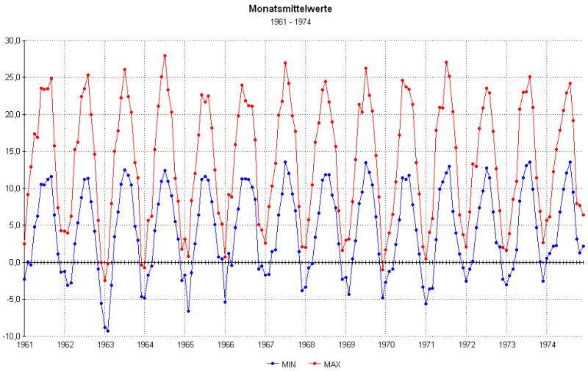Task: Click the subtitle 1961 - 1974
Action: pos(294,22)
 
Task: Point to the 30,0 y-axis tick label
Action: pos(12,40)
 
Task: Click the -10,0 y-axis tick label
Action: pos(10,336)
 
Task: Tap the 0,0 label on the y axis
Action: pos(14,262)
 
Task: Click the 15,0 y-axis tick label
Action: pos(12,151)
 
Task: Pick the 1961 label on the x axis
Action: pos(25,344)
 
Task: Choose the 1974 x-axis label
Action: pos(545,344)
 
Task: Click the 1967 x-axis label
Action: pos(265,344)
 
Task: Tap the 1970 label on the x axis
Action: pos(385,344)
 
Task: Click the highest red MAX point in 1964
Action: pos(165,55)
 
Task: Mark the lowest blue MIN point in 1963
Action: pos(108,331)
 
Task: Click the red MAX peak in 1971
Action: pos(446,63)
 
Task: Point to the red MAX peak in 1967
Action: pos(285,63)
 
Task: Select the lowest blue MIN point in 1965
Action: pos(188,311)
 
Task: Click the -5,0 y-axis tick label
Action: pos(12,299)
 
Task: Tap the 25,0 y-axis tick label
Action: pos(12,77)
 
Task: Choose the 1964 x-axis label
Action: pos(145,344)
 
